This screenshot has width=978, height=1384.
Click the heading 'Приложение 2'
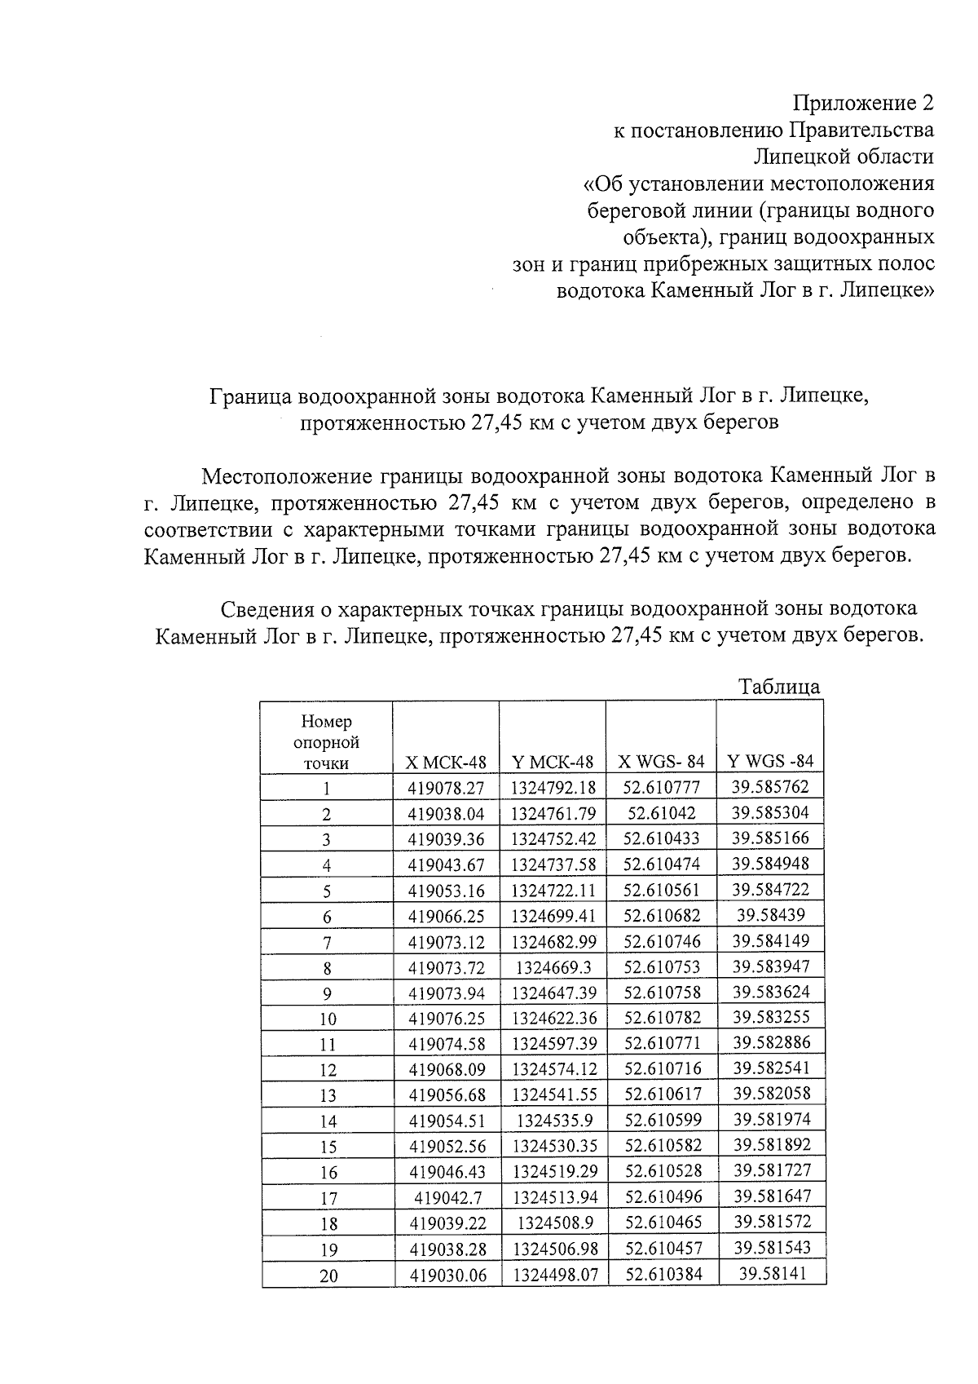point(863,104)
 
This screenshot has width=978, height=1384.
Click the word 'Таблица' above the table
point(779,686)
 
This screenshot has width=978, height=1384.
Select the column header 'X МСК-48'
point(446,762)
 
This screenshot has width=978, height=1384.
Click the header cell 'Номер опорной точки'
point(326,741)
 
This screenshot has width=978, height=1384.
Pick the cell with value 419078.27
point(446,788)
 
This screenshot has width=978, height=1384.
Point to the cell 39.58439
point(770,915)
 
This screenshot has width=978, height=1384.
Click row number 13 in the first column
point(328,1095)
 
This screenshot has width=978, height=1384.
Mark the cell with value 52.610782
point(662,1018)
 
